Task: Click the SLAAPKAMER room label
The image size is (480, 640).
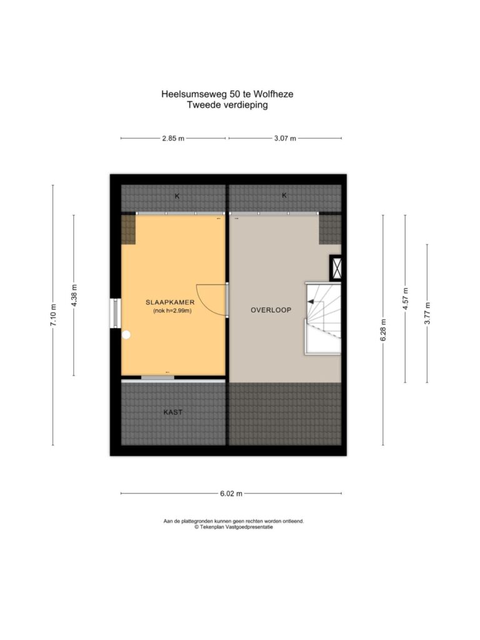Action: pos(170,302)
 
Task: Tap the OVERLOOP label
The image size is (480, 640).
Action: pos(271,310)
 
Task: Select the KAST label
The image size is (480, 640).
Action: pos(173,412)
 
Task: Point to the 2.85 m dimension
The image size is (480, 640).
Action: pos(173,138)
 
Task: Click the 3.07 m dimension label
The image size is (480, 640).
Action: pos(285,138)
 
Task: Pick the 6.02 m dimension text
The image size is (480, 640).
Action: pos(231,494)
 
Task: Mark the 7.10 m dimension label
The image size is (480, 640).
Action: pos(53,315)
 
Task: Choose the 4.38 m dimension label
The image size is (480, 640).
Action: pos(74,295)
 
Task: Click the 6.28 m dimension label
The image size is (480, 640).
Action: pos(383,330)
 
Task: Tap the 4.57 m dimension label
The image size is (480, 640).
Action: pos(405,299)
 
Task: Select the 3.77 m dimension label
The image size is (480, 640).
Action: pos(427,313)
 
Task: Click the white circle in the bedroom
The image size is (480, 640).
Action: pos(126,335)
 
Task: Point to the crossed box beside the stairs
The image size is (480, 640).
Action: pos(336,268)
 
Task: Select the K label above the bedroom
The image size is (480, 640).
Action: pos(177,196)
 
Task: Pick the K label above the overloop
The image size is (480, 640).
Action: pos(284,196)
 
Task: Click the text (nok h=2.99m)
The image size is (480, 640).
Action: pos(172,311)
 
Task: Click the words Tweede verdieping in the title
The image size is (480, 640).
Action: pos(227,105)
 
